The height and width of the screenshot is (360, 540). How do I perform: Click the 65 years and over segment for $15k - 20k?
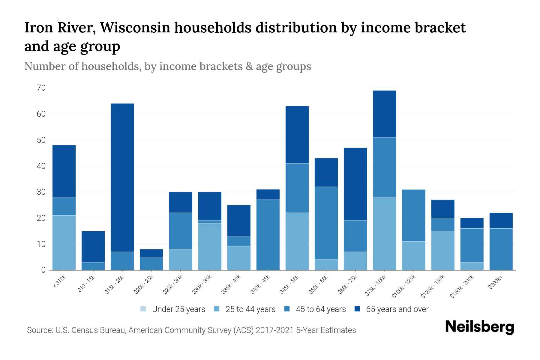tap(122, 178)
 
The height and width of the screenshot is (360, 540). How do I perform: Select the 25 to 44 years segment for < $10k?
tap(64, 242)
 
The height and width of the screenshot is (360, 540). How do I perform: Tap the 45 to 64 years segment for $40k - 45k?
tap(268, 235)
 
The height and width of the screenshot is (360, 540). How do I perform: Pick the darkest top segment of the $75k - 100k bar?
tap(384, 114)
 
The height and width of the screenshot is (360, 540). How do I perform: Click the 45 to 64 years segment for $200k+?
tap(501, 249)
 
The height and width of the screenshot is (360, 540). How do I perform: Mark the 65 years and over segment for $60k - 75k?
tap(355, 184)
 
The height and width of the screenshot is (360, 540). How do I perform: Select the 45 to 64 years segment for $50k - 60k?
tap(326, 223)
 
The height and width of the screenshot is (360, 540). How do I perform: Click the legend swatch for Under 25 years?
tap(143, 309)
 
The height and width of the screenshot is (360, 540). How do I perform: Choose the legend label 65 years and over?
tap(397, 309)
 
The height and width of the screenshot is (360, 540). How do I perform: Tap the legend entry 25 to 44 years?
tap(250, 309)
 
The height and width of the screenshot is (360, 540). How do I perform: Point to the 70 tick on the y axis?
tap(41, 88)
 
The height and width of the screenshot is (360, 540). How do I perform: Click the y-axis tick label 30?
tap(41, 192)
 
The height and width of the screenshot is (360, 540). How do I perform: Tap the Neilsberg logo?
tap(479, 327)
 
